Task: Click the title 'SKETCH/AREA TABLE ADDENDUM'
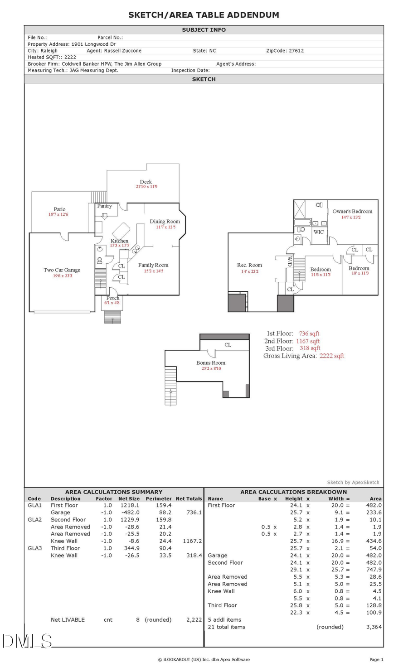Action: coord(204,15)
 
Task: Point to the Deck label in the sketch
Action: coord(146,182)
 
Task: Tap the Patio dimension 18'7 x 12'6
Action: coord(58,214)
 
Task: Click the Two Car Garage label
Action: coord(62,270)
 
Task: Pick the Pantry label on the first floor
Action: coord(104,206)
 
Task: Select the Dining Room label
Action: coord(165,221)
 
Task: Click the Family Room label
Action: coord(153,265)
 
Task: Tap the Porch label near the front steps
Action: coord(113,298)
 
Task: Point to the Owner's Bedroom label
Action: coord(352,211)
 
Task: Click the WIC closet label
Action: coord(319,232)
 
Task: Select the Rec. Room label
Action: coord(249,265)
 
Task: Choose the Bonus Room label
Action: coord(211,363)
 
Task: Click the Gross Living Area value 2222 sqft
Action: coord(332,356)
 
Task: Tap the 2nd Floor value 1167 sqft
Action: coord(308,341)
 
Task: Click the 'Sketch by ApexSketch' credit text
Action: coord(353,482)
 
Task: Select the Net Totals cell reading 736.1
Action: coord(194,512)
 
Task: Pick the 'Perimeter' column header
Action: coord(159,498)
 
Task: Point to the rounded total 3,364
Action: coord(374,627)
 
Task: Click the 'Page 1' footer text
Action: coord(376,659)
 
